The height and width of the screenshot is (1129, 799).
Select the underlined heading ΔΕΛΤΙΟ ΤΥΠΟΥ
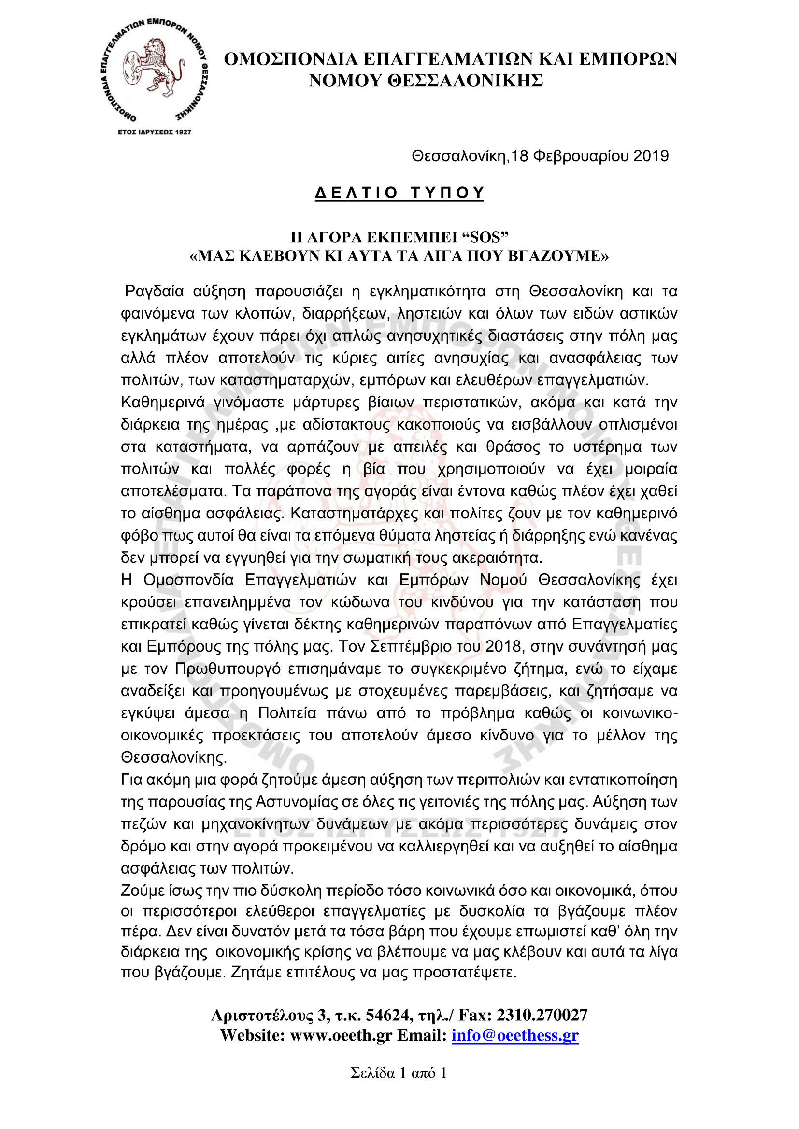399,193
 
